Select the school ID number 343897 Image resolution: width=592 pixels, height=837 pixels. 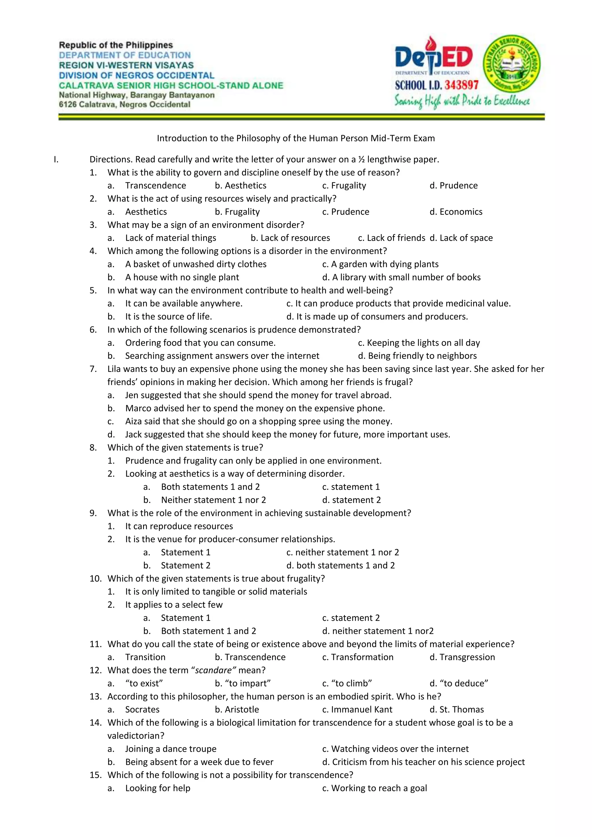click(x=461, y=85)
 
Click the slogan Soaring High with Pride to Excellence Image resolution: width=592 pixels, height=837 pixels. click(x=462, y=101)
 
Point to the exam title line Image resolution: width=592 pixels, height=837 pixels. click(x=296, y=138)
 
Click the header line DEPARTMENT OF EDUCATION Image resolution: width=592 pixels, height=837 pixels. click(x=125, y=55)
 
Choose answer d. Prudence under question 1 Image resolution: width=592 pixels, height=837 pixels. click(x=454, y=186)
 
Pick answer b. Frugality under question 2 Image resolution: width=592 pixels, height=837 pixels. click(x=237, y=212)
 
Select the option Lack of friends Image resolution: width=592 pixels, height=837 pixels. click(x=391, y=238)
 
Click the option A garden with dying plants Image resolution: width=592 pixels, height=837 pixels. click(x=380, y=264)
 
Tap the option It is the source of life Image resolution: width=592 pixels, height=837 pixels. click(x=169, y=316)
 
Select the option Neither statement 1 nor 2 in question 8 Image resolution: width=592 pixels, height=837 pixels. click(x=213, y=500)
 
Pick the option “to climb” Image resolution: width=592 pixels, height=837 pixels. click(x=347, y=683)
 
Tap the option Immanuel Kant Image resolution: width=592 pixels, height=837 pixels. click(x=357, y=710)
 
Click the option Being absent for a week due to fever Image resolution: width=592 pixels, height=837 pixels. click(x=199, y=762)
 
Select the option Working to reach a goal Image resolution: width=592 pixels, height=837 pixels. click(x=374, y=788)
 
